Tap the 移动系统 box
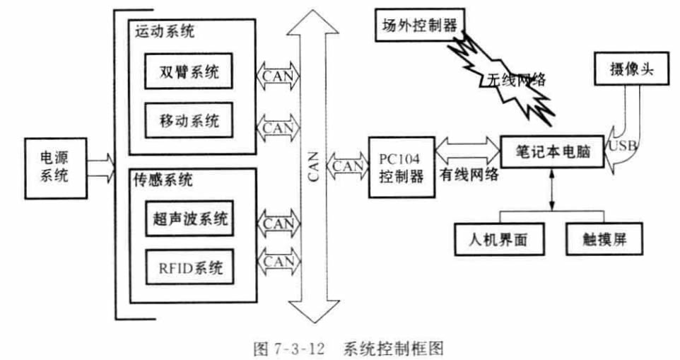[189, 120]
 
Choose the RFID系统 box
[189, 267]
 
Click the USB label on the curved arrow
[621, 147]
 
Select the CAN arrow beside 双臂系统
[277, 73]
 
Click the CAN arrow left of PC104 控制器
[348, 166]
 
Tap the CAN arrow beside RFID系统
[277, 261]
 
